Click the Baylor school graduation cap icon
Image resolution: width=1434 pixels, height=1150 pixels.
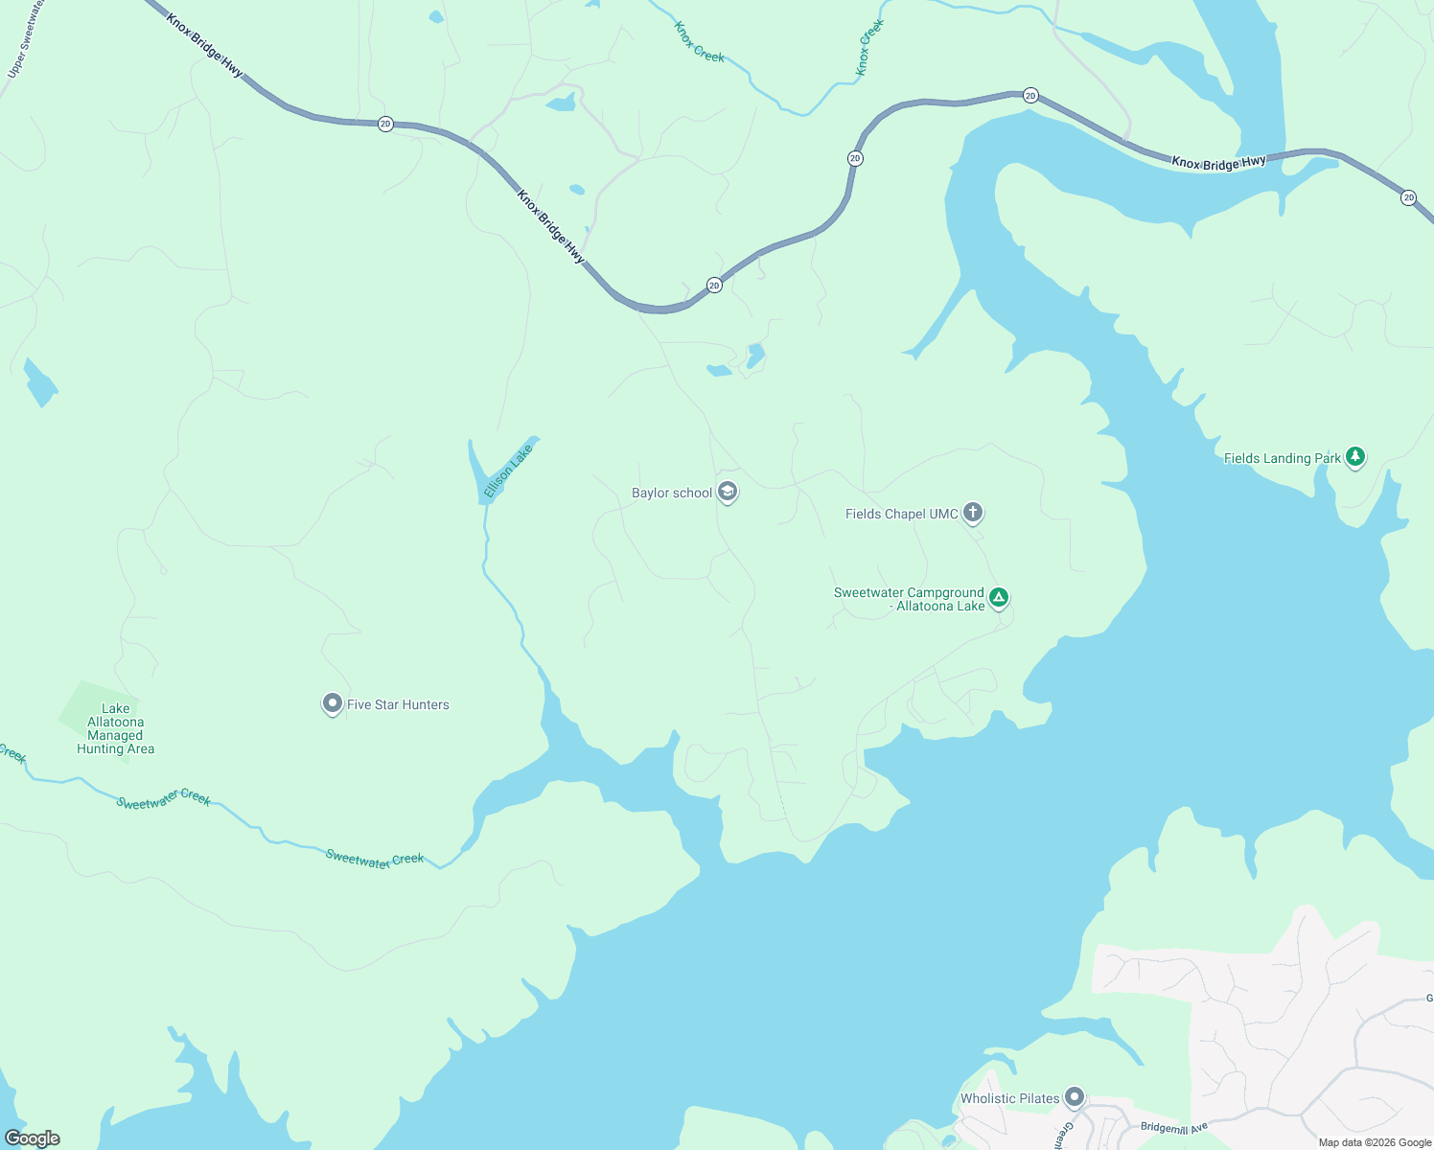[728, 493]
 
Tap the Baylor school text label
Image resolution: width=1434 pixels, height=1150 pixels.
[671, 494]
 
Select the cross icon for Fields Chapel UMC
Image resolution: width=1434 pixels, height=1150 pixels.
[973, 513]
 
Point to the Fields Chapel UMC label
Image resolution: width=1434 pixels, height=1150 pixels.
[901, 515]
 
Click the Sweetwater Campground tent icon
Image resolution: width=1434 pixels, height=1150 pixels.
[999, 598]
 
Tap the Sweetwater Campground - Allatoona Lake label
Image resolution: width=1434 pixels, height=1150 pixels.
[909, 600]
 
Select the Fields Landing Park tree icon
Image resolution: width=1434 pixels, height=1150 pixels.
[1354, 456]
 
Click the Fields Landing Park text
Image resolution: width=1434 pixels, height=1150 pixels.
[1282, 459]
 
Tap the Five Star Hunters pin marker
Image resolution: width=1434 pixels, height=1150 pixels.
[332, 704]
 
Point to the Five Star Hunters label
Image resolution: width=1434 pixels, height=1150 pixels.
[398, 705]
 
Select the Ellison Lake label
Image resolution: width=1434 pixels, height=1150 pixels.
[507, 471]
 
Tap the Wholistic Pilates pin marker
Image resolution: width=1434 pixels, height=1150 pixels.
[1075, 1096]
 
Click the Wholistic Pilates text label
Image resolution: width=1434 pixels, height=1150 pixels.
[1009, 1099]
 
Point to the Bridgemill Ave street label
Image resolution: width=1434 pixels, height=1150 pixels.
[1173, 1128]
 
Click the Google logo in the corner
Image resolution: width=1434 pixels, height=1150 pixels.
[33, 1138]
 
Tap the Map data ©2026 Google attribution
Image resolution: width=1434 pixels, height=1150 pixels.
[1375, 1142]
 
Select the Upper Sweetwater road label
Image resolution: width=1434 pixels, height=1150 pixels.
[26, 39]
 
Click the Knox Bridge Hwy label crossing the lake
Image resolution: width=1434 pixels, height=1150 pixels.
[1218, 164]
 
